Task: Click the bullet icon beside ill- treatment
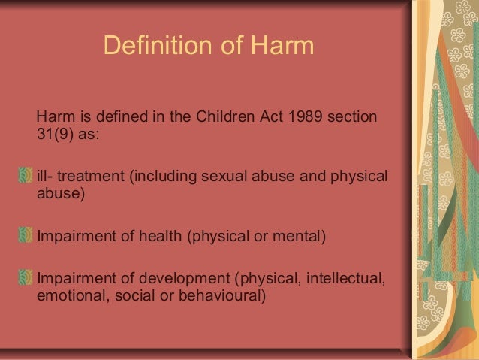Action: pyautogui.click(x=28, y=177)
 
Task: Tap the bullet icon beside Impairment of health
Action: pyautogui.click(x=28, y=237)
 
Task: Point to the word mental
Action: pyautogui.click(x=300, y=237)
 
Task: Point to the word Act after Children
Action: pyautogui.click(x=264, y=118)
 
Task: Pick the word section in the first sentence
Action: pyautogui.click(x=355, y=118)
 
